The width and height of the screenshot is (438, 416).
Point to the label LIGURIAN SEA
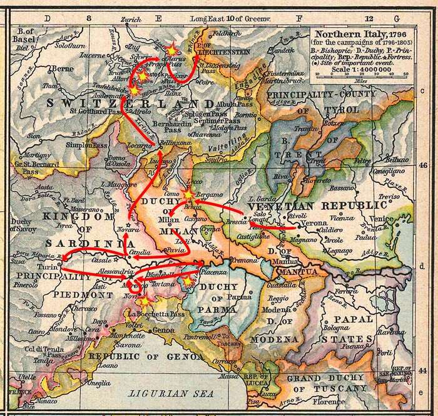(168, 393)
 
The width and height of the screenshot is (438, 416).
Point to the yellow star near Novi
(144, 301)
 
